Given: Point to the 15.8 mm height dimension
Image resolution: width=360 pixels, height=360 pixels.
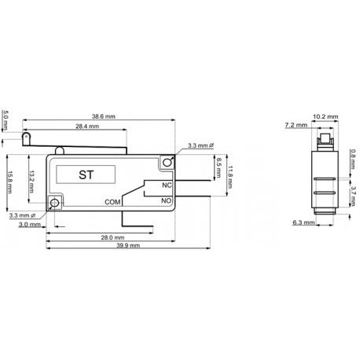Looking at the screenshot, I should coord(8,179).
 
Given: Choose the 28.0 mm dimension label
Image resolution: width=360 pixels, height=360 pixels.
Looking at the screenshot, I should coord(112,237).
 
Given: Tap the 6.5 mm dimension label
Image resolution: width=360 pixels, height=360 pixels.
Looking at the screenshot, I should coord(218,167).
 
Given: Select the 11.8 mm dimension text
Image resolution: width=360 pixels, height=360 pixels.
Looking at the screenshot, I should coord(230,179).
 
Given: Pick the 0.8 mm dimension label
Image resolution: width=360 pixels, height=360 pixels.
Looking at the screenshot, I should coord(352,156).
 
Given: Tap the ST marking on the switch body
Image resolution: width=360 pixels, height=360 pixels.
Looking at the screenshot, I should coord(85,174).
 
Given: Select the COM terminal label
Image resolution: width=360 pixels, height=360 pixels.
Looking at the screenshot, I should coord(112,202).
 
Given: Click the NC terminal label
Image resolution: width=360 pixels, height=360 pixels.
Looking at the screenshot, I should coord(166,186).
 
